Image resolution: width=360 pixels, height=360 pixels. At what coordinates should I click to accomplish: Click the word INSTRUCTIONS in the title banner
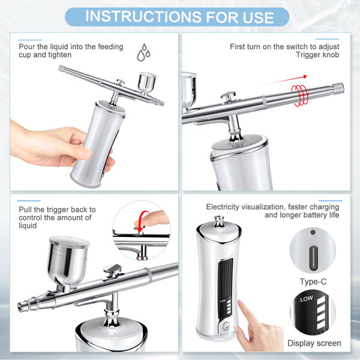[143, 17]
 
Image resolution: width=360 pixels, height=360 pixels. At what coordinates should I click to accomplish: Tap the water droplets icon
[143, 52]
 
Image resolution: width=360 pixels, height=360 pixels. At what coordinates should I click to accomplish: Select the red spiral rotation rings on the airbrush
[300, 95]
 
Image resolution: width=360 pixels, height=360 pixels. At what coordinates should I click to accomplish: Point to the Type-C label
[313, 282]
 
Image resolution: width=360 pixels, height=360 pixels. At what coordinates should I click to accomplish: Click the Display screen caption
[314, 343]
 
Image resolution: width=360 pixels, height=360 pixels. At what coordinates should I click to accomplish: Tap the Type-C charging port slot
[313, 258]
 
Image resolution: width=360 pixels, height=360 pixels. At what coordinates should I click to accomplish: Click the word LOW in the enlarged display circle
[307, 299]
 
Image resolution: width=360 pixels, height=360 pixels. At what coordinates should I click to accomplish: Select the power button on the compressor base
[226, 325]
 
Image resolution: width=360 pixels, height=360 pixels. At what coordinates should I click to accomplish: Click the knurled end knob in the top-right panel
[338, 89]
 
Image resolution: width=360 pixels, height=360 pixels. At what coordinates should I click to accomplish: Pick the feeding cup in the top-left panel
[147, 83]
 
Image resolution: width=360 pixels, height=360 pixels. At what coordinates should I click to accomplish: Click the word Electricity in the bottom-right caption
[223, 207]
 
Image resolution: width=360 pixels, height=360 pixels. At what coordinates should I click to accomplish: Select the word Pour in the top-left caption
[27, 47]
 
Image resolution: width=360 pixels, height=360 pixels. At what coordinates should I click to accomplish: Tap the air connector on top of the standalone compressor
[219, 221]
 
